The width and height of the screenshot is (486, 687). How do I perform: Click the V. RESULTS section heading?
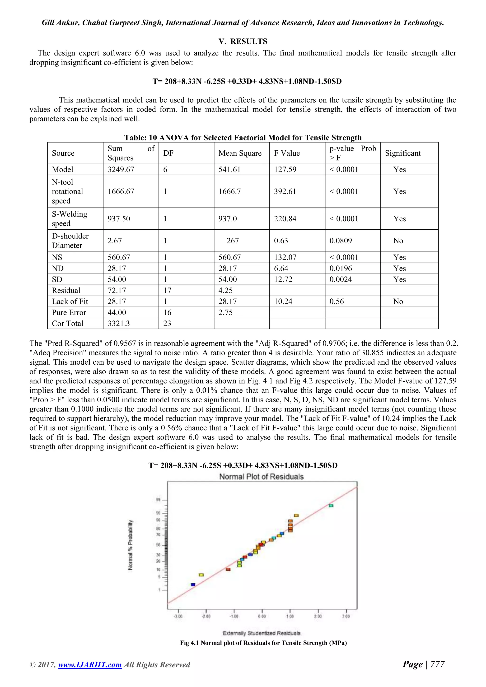click(243, 41)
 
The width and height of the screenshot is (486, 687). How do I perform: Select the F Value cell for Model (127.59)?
click(285, 169)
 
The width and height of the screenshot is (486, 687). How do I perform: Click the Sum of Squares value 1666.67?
click(121, 191)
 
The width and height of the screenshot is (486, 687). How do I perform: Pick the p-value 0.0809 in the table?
click(341, 241)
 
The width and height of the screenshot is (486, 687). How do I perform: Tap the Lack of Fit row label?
click(70, 301)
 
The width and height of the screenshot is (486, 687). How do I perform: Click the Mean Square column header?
click(240, 153)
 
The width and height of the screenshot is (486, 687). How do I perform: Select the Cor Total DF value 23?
click(167, 323)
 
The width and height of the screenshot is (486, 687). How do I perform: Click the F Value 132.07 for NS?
click(285, 257)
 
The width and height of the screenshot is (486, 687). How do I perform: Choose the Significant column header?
click(402, 153)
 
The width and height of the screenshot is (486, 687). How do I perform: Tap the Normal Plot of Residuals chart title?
click(261, 477)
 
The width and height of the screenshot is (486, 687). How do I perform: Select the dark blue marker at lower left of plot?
click(193, 585)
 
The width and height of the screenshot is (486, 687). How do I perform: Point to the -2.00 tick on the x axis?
click(206, 616)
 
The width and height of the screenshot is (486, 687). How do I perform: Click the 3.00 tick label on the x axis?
click(346, 616)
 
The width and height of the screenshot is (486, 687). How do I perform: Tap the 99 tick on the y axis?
click(158, 500)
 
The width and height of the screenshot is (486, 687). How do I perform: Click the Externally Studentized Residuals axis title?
click(261, 633)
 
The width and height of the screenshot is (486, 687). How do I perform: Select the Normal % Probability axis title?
click(131, 545)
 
